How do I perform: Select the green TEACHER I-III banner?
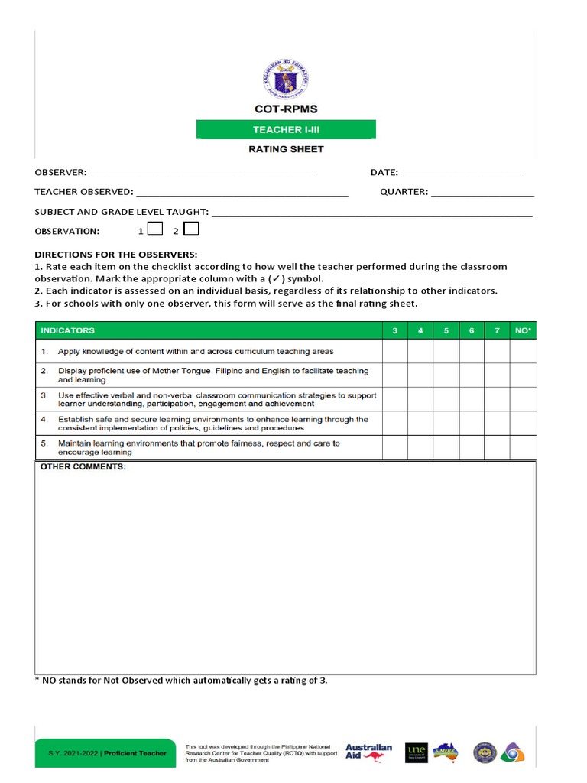pos(286,130)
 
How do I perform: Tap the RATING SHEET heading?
pos(286,149)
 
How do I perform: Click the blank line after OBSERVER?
pos(202,174)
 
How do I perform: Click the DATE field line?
pos(461,174)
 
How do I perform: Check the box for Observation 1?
pos(154,229)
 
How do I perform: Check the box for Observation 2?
pos(191,229)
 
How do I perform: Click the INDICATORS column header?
pos(69,330)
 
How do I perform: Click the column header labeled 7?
pos(497,330)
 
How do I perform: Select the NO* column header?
pos(524,330)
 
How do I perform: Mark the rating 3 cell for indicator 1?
pos(394,352)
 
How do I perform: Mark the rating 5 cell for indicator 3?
pos(446,399)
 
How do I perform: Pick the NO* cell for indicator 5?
pos(524,448)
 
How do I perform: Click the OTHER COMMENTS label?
pos(83,466)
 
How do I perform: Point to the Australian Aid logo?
pos(368,752)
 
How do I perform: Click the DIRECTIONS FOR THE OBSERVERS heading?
pos(116,254)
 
